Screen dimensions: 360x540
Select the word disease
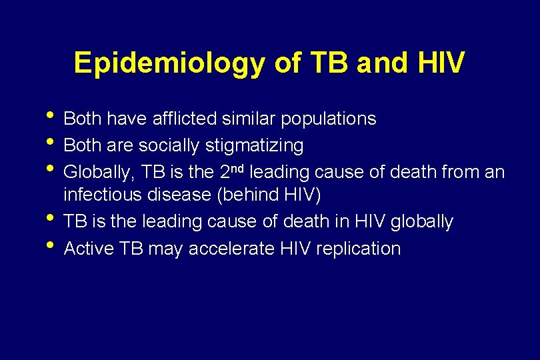coord(173,195)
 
